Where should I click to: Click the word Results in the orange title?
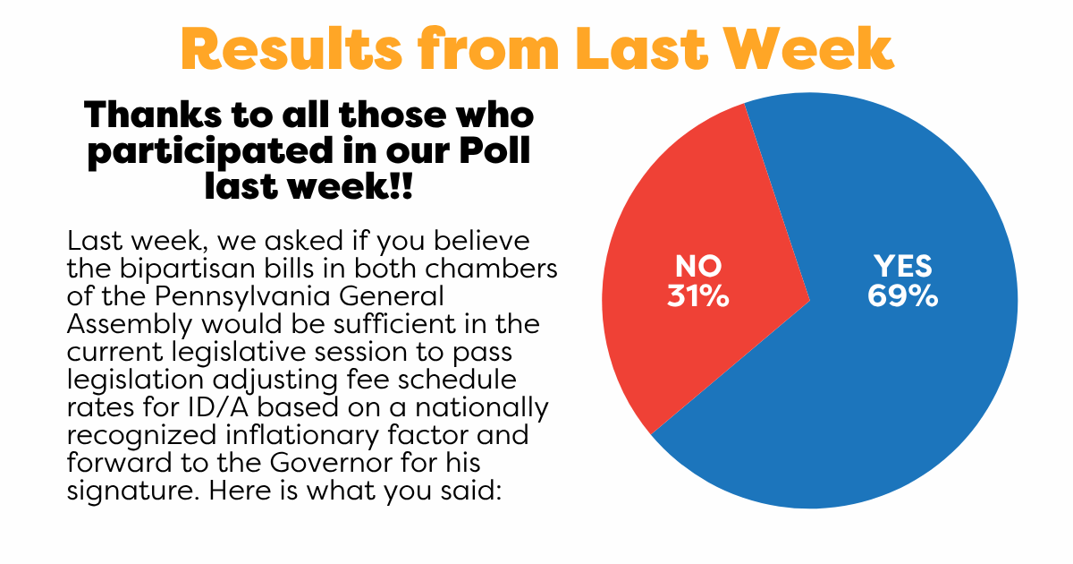pyautogui.click(x=291, y=49)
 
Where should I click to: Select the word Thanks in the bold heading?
pyautogui.click(x=153, y=115)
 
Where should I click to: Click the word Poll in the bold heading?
pyautogui.click(x=494, y=150)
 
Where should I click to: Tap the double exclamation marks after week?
pyautogui.click(x=401, y=186)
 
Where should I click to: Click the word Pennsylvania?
pyautogui.click(x=242, y=297)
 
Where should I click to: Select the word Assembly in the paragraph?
pyautogui.click(x=130, y=325)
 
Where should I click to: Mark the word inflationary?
pyautogui.click(x=301, y=435)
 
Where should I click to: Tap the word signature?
pyautogui.click(x=132, y=491)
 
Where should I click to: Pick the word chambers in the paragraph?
pyautogui.click(x=491, y=269)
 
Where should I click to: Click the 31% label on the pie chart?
pyautogui.click(x=698, y=296)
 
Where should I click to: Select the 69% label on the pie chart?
pyautogui.click(x=902, y=296)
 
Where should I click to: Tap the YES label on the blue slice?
pyautogui.click(x=903, y=266)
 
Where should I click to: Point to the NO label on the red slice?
pyautogui.click(x=698, y=266)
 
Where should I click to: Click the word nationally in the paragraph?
pyautogui.click(x=481, y=408)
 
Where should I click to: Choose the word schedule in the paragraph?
pyautogui.click(x=457, y=379)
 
